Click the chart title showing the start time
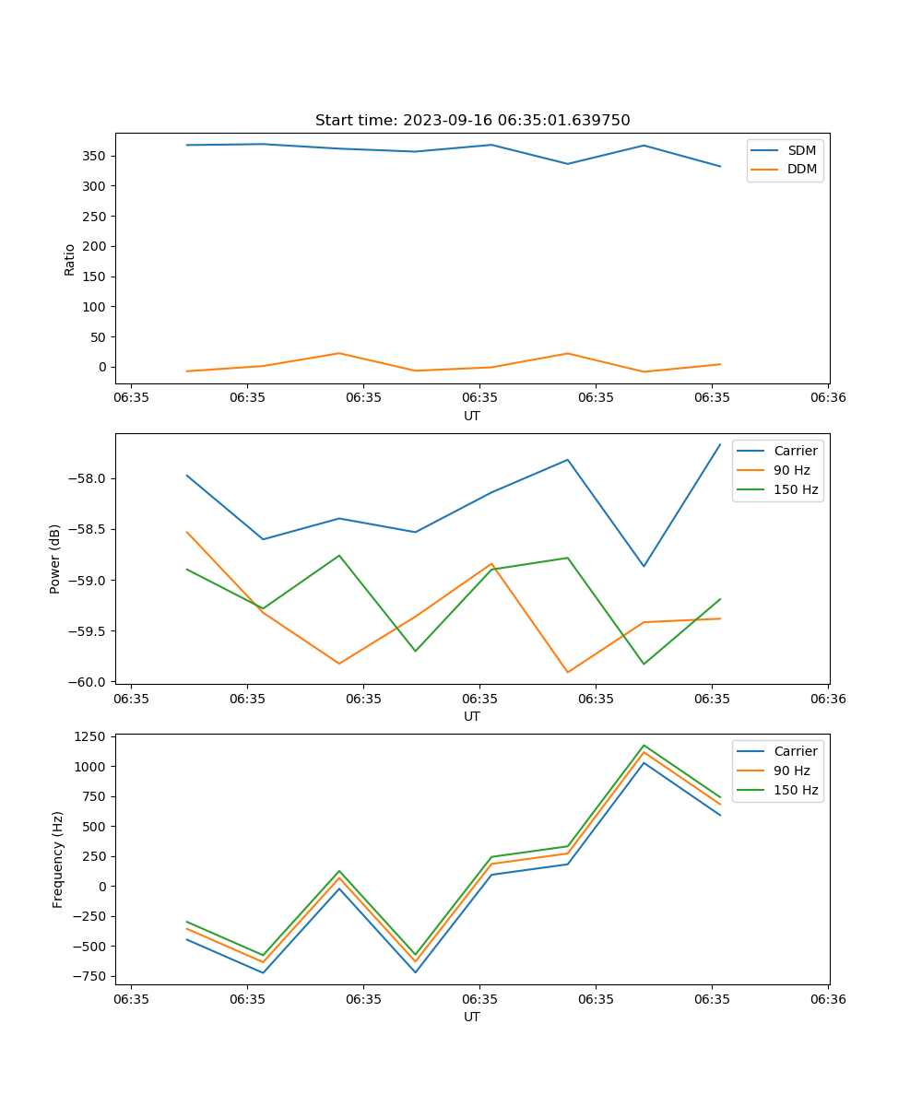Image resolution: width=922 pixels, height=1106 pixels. pyautogui.click(x=472, y=121)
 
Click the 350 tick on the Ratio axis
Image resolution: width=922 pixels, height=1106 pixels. pyautogui.click(x=95, y=156)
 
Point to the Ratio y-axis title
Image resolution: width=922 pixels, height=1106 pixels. pyautogui.click(x=70, y=259)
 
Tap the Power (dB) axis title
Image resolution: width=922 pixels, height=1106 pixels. pyautogui.click(x=55, y=559)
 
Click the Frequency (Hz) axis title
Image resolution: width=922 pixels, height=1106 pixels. pyautogui.click(x=58, y=859)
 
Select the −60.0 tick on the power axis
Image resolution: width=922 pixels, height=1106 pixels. pyautogui.click(x=88, y=682)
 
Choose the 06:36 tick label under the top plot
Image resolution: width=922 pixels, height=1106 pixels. pyautogui.click(x=827, y=398)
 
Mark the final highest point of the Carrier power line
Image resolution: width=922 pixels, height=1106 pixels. pyautogui.click(x=720, y=444)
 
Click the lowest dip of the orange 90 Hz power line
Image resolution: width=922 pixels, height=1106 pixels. pyautogui.click(x=567, y=672)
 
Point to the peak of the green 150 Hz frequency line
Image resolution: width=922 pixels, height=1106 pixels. pyautogui.click(x=644, y=746)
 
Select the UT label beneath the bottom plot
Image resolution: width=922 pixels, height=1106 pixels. pyautogui.click(x=472, y=1017)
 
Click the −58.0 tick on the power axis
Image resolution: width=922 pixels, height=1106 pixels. pyautogui.click(x=88, y=478)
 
